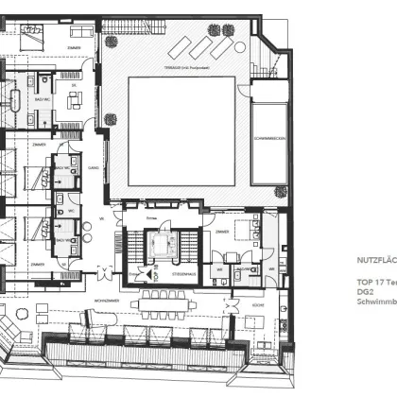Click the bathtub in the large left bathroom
pos(16,103)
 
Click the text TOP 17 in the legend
pos(368,283)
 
